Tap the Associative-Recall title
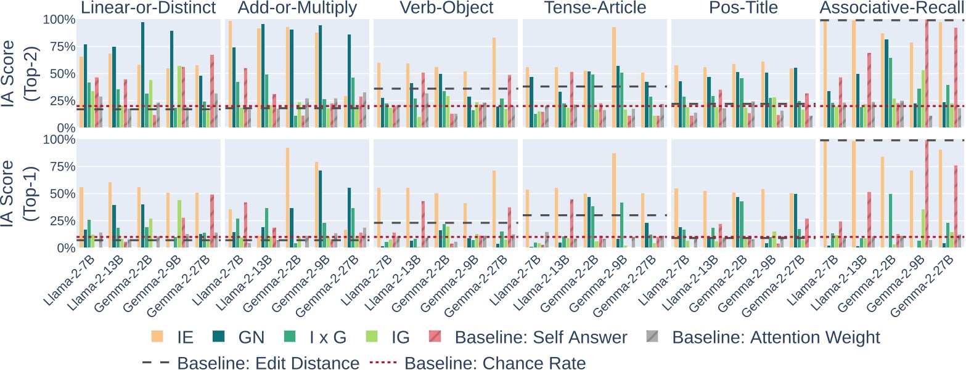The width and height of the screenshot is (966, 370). pyautogui.click(x=891, y=8)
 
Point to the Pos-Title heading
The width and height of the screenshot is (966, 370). pyautogui.click(x=743, y=8)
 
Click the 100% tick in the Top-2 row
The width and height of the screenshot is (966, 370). pyautogui.click(x=58, y=20)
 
